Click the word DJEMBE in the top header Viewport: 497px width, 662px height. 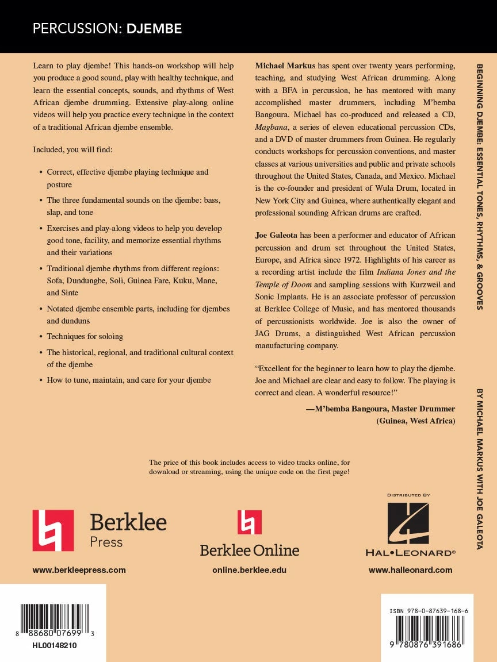coord(154,29)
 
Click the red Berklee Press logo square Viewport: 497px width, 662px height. coord(53,530)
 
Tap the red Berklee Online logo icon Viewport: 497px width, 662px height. coord(249,522)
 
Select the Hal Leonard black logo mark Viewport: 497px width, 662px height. coord(408,523)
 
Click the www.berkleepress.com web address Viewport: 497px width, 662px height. coord(79,570)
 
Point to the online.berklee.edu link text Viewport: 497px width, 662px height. coord(249,570)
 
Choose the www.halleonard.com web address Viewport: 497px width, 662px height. coord(410,570)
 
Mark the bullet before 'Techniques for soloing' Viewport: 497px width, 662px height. coord(40,337)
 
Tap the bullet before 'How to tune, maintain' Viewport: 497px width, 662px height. coord(40,380)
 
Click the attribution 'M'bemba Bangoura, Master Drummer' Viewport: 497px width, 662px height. coord(380,409)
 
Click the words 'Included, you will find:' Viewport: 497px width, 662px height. coord(72,149)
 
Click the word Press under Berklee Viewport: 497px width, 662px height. coord(106,541)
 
